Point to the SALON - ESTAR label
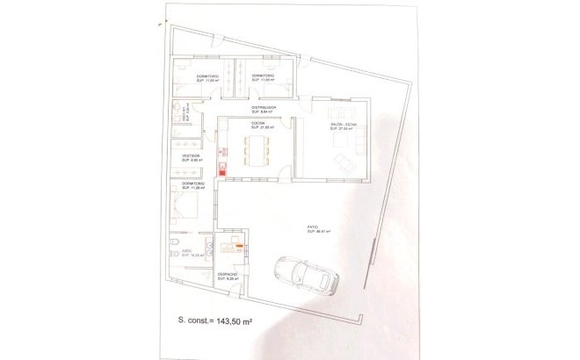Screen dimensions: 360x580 point(344,126)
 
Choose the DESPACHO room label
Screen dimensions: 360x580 point(229,275)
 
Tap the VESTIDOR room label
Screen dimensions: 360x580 point(192,157)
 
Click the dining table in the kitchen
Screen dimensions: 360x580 point(257,154)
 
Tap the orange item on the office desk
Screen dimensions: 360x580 point(238,246)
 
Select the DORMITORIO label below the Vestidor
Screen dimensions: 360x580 point(193,184)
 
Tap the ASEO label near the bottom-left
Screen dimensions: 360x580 point(186,251)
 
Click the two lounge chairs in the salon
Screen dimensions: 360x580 point(344,162)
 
